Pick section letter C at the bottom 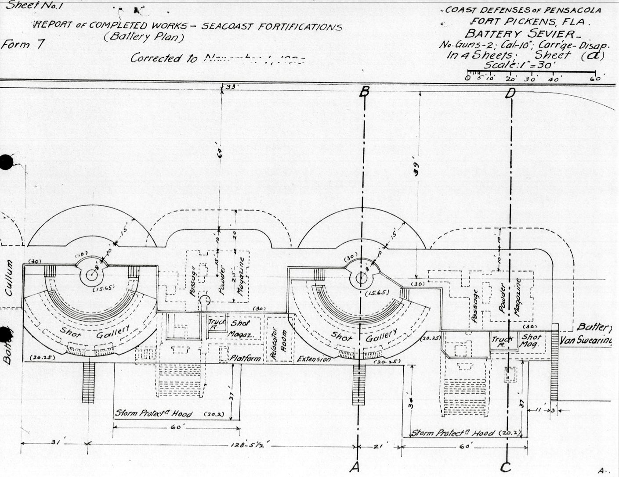(x=506, y=468)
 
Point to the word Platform (x=246, y=359)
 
